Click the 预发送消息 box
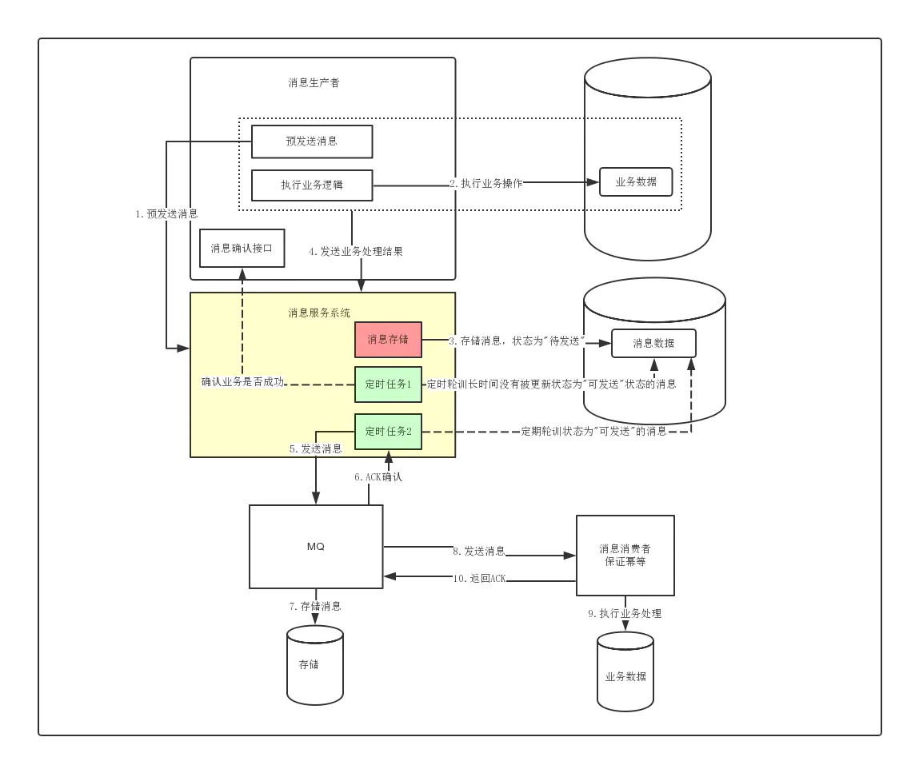click(x=312, y=141)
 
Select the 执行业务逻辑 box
click(x=312, y=185)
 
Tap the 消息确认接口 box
click(x=242, y=248)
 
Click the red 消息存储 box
click(x=388, y=340)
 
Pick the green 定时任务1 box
click(x=388, y=384)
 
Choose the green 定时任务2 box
click(x=388, y=432)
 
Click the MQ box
click(x=316, y=547)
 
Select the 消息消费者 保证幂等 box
click(x=625, y=555)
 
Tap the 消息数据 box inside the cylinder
click(x=653, y=343)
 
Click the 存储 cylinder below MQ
click(x=315, y=665)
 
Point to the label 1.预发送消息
click(x=166, y=214)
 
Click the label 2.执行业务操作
click(x=486, y=183)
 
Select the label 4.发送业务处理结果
click(x=356, y=252)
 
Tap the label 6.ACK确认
click(x=378, y=477)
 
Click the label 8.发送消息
click(x=479, y=551)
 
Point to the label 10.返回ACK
click(x=480, y=578)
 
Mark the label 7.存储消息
click(x=315, y=606)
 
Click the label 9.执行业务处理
click(x=625, y=614)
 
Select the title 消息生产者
click(x=314, y=82)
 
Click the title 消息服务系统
click(x=319, y=313)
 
